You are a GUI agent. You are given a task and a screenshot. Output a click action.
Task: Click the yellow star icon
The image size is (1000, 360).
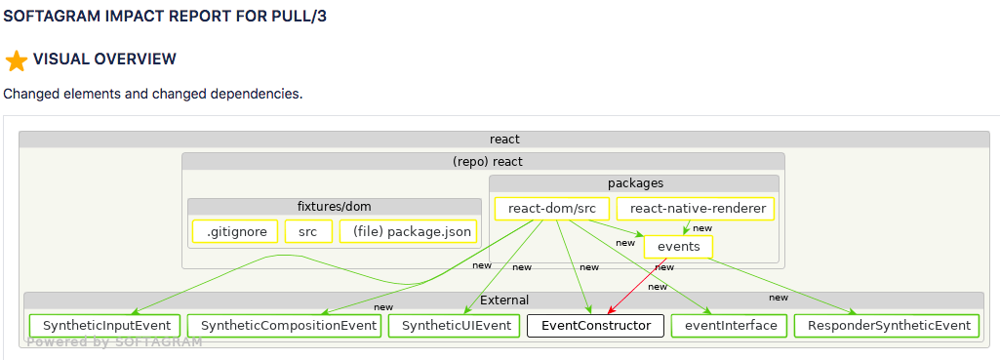16,61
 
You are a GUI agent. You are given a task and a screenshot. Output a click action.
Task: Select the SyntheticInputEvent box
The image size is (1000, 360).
104,326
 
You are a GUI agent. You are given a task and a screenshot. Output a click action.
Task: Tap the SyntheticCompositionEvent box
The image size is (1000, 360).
283,326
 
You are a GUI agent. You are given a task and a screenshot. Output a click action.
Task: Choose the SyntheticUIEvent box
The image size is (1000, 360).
455,326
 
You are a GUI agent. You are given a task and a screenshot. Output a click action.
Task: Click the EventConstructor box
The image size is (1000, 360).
595,326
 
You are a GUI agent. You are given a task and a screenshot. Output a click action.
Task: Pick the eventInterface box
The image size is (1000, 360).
731,326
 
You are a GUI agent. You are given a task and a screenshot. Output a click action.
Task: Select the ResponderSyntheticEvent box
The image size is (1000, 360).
887,326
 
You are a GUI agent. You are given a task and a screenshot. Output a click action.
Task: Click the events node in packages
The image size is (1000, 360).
678,247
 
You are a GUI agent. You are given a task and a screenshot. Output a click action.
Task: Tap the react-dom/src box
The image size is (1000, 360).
552,209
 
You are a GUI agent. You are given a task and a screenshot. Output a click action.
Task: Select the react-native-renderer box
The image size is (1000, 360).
697,209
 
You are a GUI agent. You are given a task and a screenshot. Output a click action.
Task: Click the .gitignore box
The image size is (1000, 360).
235,231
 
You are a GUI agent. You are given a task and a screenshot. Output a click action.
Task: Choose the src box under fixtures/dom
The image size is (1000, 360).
308,231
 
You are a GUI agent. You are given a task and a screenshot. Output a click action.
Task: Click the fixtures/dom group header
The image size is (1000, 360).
334,206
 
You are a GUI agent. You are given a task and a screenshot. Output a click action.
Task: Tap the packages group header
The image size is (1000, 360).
634,182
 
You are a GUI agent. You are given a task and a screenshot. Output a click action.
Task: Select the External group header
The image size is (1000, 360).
504,300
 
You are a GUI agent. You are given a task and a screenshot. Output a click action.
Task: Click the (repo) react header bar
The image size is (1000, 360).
483,161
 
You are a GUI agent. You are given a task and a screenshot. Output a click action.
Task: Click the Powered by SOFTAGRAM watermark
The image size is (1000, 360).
114,342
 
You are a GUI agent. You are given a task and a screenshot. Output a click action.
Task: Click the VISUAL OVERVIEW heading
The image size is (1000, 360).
104,60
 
